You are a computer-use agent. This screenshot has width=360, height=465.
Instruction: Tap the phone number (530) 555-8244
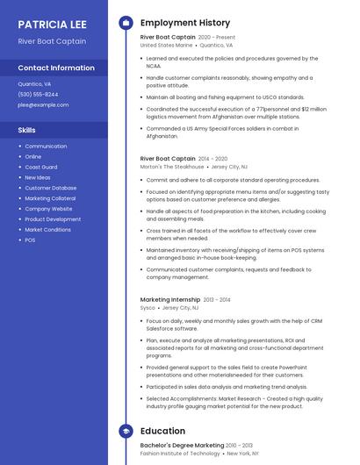38,94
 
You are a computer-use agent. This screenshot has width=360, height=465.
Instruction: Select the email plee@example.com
43,104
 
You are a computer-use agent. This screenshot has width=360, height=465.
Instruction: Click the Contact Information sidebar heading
56,68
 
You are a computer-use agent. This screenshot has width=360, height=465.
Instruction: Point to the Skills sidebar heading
27,130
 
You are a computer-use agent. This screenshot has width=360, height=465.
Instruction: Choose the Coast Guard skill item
40,167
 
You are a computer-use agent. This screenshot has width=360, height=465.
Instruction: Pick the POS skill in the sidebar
30,240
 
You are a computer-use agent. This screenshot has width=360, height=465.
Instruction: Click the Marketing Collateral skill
50,198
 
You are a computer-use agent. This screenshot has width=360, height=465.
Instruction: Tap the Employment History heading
184,23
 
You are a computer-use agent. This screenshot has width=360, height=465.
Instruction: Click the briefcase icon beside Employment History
126,23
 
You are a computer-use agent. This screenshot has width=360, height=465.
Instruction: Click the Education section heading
162,431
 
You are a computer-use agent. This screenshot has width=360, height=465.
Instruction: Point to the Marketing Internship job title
169,299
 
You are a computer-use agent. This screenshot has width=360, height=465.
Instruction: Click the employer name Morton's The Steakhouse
172,166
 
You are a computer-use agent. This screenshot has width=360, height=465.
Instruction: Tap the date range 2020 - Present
217,38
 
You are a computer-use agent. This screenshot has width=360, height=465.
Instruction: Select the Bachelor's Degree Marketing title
183,445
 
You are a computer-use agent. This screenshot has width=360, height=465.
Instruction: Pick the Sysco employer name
148,308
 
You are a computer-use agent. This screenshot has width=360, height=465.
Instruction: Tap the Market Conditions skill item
47,229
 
